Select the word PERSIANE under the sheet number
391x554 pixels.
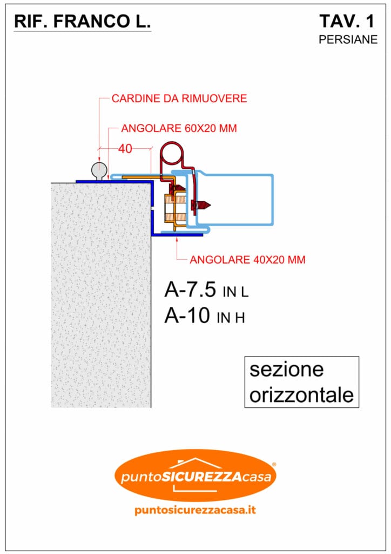(x=348, y=39)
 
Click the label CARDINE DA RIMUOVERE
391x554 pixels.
(x=179, y=99)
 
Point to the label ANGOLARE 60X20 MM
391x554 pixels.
(x=179, y=129)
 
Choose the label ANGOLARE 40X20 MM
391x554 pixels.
(x=247, y=260)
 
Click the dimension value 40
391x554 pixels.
(x=125, y=149)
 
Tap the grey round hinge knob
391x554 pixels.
(x=99, y=169)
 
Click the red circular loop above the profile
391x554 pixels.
(x=172, y=153)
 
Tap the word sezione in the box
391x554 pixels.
(x=286, y=370)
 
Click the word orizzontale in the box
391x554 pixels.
(x=301, y=394)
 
